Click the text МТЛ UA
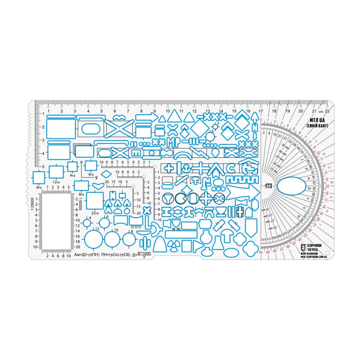tap(317, 120)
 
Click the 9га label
tap(39, 187)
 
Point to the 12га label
tap(56, 182)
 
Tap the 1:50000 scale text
tap(81, 203)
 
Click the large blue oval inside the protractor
tap(291, 186)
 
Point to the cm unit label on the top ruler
tap(320, 111)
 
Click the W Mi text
tap(176, 229)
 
